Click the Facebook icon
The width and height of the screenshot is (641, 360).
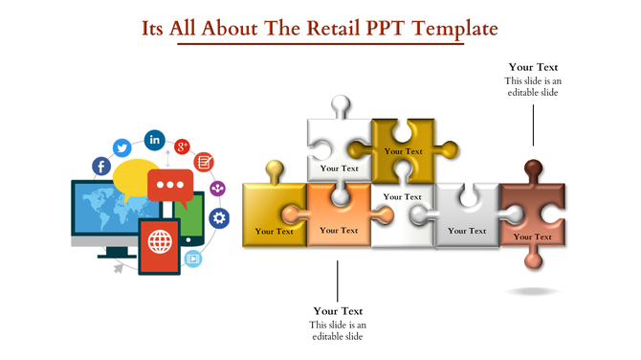pyautogui.click(x=100, y=166)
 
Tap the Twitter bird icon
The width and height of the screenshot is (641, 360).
pyautogui.click(x=122, y=147)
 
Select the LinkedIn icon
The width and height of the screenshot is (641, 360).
pyautogui.click(x=154, y=140)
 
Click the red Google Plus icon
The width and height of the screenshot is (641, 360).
pyautogui.click(x=182, y=146)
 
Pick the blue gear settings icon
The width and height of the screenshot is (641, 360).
pyautogui.click(x=219, y=218)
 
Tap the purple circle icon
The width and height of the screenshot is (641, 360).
pyautogui.click(x=217, y=189)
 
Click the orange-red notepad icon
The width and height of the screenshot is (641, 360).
pyautogui.click(x=205, y=162)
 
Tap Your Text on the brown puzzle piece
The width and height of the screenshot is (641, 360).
pyautogui.click(x=532, y=236)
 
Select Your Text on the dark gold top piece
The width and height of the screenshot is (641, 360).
pyautogui.click(x=403, y=151)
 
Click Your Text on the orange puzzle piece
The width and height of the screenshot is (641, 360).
pyautogui.click(x=339, y=230)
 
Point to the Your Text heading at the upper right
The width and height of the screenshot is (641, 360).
pyautogui.click(x=533, y=67)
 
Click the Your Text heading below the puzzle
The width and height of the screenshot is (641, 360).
pyautogui.click(x=338, y=311)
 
